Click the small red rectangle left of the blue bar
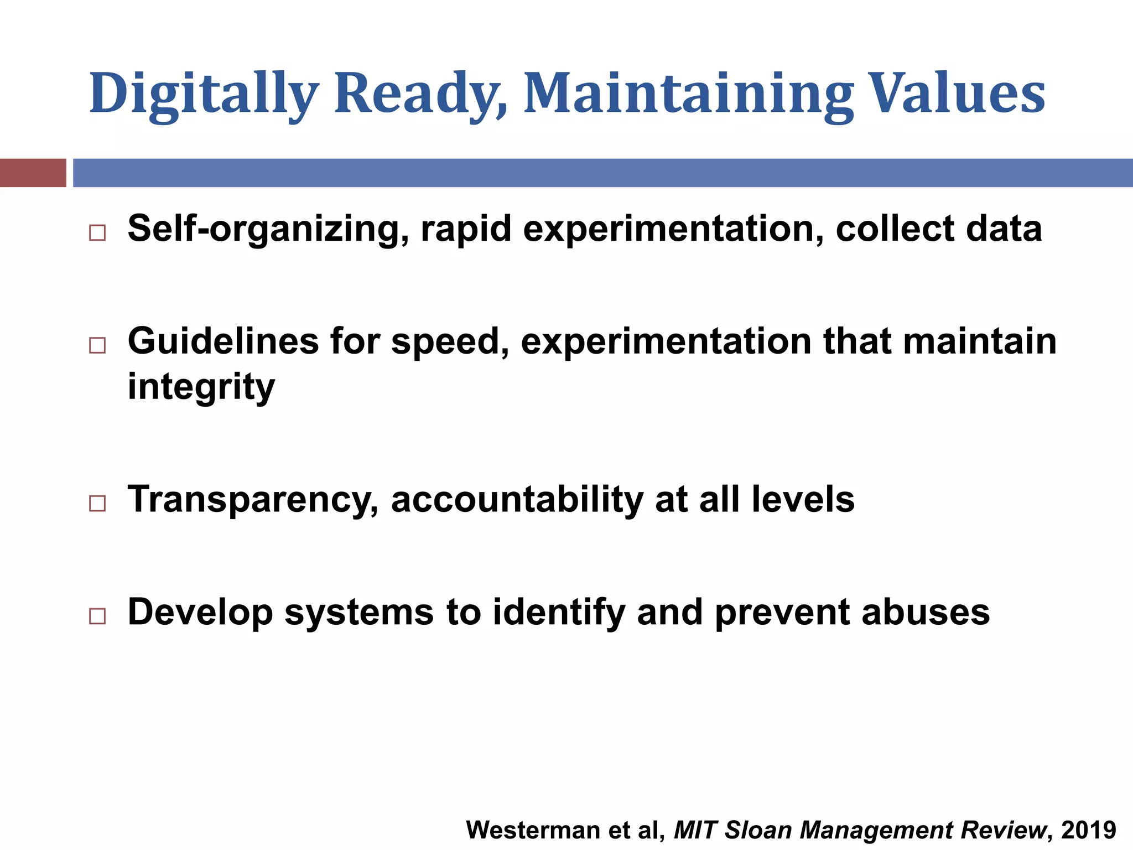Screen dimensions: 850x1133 pos(33,173)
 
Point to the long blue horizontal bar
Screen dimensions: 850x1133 pos(603,173)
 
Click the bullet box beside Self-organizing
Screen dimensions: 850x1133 pos(97,232)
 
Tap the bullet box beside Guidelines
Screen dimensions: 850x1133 pos(97,345)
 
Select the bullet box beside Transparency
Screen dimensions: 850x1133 pos(97,503)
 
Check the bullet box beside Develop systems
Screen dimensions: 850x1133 pos(97,616)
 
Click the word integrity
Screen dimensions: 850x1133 pos(201,387)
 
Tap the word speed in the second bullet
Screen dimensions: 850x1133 pos(450,342)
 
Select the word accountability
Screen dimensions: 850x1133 pos(517,499)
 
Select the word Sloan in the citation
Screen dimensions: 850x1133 pos(758,830)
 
